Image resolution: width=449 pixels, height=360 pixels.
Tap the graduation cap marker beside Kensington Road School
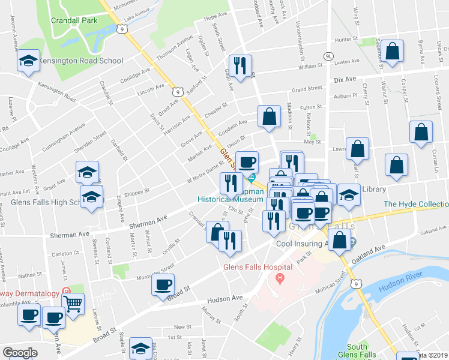[x=28, y=61]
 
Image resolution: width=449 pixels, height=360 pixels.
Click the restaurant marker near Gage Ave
[x=240, y=65]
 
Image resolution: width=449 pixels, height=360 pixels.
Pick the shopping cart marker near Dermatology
[x=73, y=303]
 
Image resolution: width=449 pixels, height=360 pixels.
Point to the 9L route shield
[x=328, y=56]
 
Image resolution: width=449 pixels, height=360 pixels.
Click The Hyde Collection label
[x=415, y=204]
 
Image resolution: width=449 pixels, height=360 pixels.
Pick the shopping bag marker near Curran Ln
[x=421, y=132]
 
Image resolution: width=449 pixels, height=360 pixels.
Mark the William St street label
[x=310, y=67]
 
